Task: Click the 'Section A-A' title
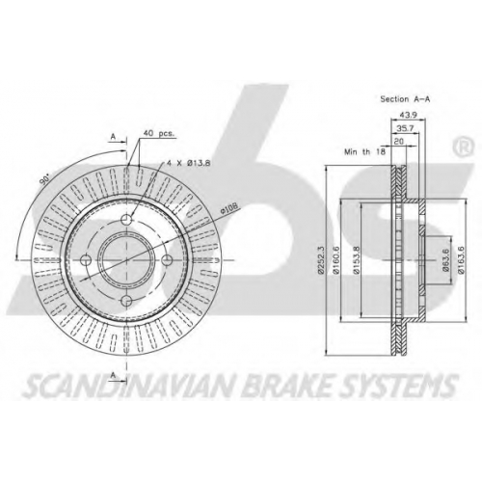[405, 99]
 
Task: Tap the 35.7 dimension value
[405, 128]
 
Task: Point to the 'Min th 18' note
[364, 151]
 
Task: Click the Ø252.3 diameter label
[320, 258]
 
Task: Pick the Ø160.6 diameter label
[335, 259]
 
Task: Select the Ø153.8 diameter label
[356, 259]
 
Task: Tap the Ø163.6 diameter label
[461, 259]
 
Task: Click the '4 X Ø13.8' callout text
[188, 163]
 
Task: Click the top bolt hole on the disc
[127, 219]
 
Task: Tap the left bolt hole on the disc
[86, 260]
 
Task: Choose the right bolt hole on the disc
[168, 260]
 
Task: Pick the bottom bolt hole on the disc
[127, 301]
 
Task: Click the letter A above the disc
[113, 137]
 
